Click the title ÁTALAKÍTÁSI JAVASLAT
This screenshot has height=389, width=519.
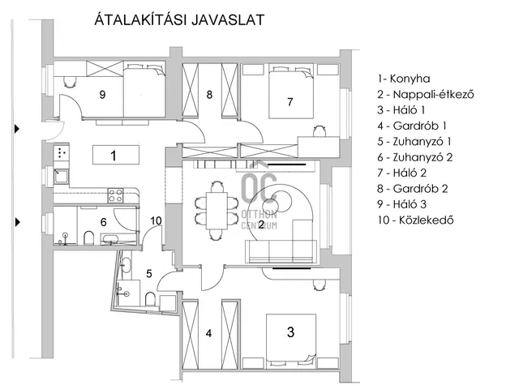click(x=179, y=19)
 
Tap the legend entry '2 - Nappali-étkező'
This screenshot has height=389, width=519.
click(x=426, y=95)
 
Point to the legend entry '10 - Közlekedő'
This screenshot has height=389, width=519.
click(x=415, y=220)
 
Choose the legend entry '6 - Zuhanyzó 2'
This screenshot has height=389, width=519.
click(x=414, y=157)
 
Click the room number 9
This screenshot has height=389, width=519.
click(x=103, y=95)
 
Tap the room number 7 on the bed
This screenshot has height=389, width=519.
click(x=290, y=102)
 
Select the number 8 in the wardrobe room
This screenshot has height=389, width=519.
click(x=209, y=95)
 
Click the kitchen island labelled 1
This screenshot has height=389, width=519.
click(x=115, y=155)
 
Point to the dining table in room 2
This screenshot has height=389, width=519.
click(x=217, y=211)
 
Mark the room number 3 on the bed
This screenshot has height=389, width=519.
click(x=290, y=331)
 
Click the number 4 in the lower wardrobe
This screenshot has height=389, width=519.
click(x=208, y=333)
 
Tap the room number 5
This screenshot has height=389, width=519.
click(x=149, y=274)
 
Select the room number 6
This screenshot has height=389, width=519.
click(x=103, y=222)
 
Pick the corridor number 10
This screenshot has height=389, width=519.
click(x=156, y=220)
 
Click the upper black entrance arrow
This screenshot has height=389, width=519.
click(x=17, y=129)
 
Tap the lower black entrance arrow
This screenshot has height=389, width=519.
click(x=17, y=222)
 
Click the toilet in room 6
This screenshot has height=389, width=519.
click(x=88, y=237)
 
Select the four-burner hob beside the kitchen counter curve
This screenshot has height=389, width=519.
click(x=115, y=195)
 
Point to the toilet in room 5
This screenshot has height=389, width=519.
click(x=150, y=299)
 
